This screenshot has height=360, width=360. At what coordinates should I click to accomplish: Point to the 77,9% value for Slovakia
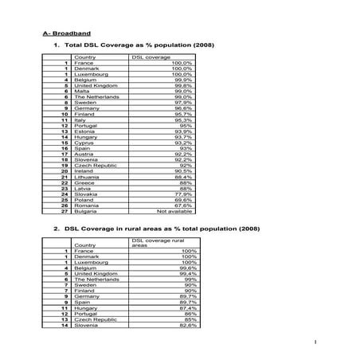(183, 194)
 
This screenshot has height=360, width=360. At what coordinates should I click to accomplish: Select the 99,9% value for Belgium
(182, 80)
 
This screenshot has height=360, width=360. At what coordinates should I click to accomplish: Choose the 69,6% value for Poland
(183, 200)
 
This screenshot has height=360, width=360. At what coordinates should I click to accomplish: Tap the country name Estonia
(84, 131)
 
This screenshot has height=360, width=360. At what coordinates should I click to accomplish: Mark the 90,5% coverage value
(183, 170)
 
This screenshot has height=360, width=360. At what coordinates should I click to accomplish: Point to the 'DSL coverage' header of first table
(151, 57)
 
